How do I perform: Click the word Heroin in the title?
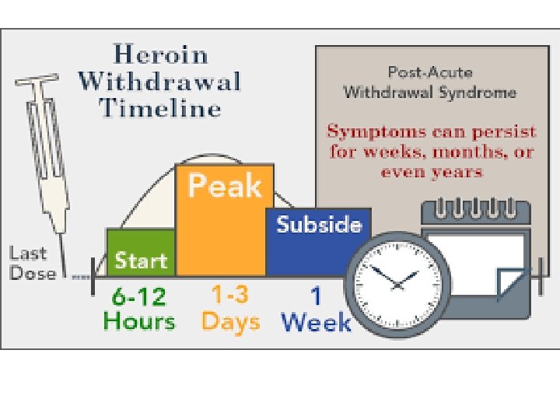pyautogui.click(x=160, y=55)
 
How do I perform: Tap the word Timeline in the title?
pyautogui.click(x=160, y=107)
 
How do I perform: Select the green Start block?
pyautogui.click(x=141, y=253)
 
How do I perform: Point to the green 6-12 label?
pyautogui.click(x=138, y=296)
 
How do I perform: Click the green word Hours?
pyautogui.click(x=139, y=320)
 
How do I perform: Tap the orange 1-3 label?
pyautogui.click(x=230, y=296)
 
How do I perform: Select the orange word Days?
pyautogui.click(x=230, y=321)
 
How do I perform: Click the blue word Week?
pyautogui.click(x=316, y=321)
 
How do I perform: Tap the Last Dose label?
pyautogui.click(x=33, y=263)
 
